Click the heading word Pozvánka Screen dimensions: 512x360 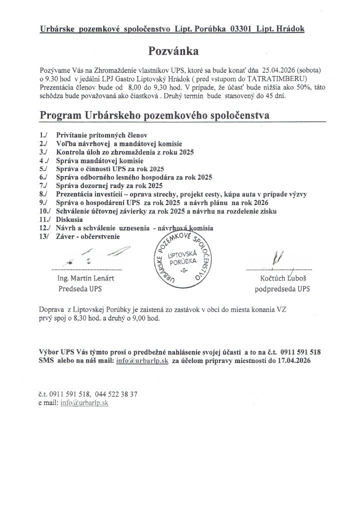(x=173, y=51)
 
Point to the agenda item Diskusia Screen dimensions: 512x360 (x=69, y=219)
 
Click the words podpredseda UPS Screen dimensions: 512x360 (x=282, y=289)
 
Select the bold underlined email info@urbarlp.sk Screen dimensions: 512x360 (x=141, y=360)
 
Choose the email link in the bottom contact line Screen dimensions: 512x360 (x=84, y=402)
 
